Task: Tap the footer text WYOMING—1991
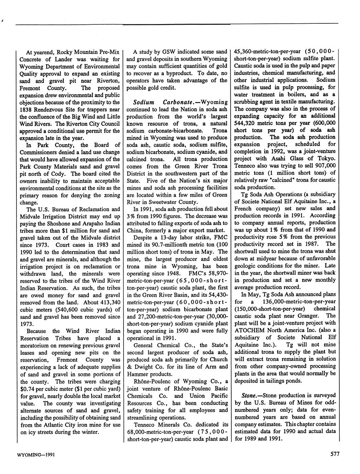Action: tap(36, 455)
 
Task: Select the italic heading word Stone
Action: tap(250, 395)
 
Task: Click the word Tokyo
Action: tap(325, 158)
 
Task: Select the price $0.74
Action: tap(28, 389)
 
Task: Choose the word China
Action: tap(135, 230)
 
